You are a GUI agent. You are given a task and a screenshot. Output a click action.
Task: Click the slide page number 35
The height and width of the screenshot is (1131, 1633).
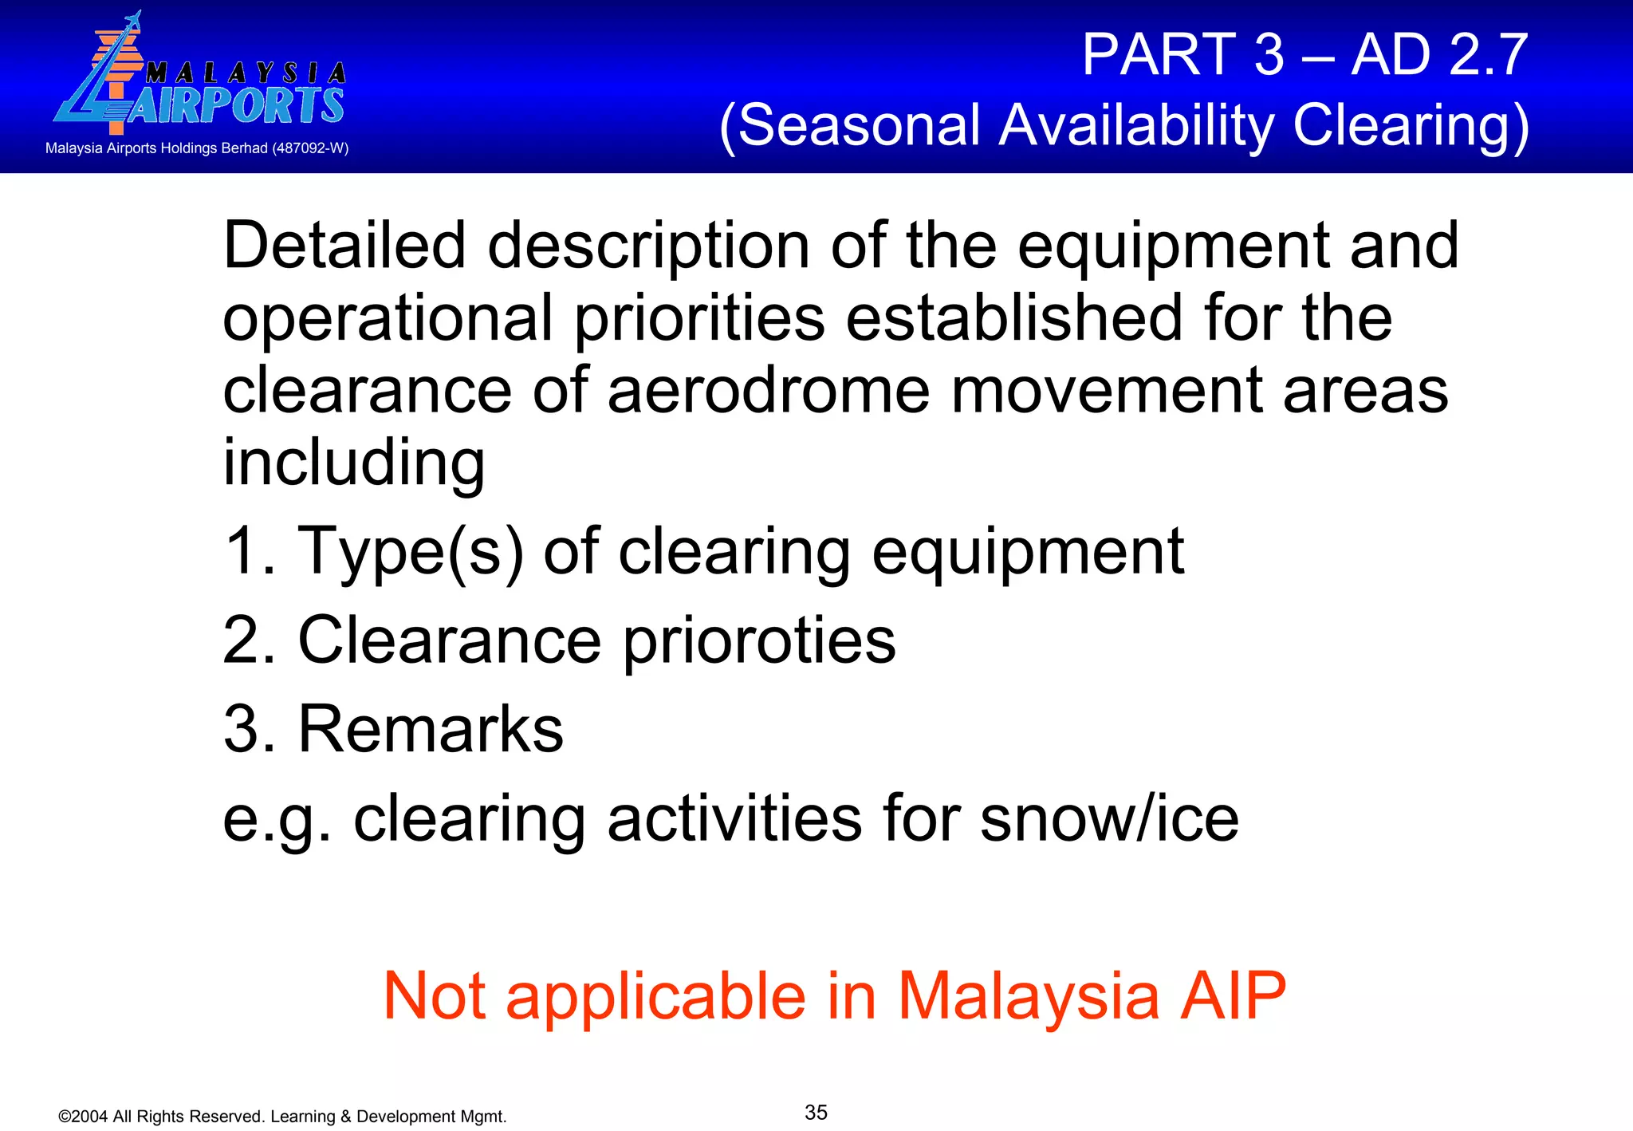point(816,1112)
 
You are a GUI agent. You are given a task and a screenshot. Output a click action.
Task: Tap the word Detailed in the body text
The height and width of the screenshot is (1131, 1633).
point(344,246)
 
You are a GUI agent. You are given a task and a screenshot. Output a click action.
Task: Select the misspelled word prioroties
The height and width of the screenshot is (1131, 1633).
point(758,640)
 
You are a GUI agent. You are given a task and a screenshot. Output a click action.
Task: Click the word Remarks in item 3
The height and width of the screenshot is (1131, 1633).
point(430,729)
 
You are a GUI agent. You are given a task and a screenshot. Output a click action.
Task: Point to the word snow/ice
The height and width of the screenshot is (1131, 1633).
point(1109,818)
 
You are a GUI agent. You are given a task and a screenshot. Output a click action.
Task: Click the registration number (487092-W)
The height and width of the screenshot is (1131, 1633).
point(310,148)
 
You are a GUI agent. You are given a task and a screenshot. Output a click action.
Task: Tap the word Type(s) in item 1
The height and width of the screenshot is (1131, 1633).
point(410,552)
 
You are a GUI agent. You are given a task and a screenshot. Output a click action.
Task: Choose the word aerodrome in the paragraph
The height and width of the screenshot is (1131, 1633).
point(768,390)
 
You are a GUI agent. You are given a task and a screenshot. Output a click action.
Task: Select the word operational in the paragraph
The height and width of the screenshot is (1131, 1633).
point(388,318)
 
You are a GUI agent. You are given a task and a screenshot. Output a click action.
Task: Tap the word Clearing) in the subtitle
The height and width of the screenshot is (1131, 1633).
point(1411,125)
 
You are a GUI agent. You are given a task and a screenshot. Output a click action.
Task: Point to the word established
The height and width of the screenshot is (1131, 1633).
point(1013,318)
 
